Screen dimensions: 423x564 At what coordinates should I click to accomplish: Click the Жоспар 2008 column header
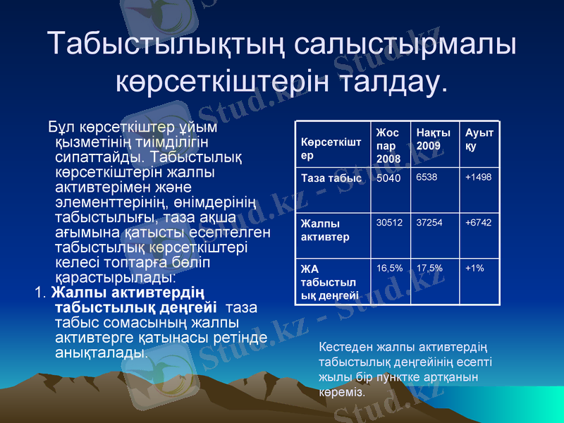[x=388, y=146]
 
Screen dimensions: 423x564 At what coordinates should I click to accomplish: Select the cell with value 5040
[x=388, y=178]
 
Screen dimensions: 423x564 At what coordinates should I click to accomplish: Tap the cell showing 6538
[x=427, y=177]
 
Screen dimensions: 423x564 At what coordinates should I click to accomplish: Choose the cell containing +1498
[x=478, y=177]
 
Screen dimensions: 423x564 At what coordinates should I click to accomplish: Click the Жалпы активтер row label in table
[x=325, y=230]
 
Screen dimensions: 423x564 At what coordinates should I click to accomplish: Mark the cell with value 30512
[x=389, y=222]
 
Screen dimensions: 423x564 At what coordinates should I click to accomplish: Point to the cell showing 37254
[x=429, y=222]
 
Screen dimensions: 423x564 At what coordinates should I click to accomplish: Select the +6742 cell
[x=478, y=222]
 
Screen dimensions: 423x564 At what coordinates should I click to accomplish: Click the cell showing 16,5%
[x=389, y=268]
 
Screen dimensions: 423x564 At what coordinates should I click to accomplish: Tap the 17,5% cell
[x=429, y=268]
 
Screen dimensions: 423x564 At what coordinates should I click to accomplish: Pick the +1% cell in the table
[x=474, y=268]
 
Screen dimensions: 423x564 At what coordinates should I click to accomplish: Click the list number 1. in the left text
[x=40, y=293]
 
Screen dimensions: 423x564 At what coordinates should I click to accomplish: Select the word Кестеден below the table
[x=344, y=348]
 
